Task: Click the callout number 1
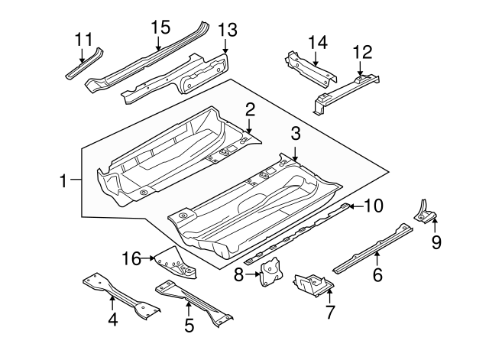click(x=63, y=181)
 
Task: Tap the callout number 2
click(x=249, y=112)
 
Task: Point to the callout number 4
click(x=112, y=320)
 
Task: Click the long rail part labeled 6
click(x=374, y=245)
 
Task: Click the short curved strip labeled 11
click(x=84, y=63)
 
